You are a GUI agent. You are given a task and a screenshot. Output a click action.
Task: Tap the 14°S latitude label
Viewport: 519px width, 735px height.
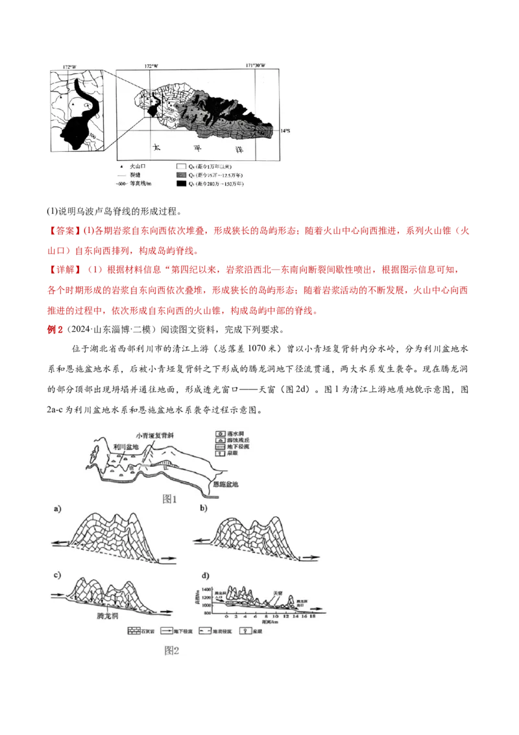pyautogui.click(x=285, y=131)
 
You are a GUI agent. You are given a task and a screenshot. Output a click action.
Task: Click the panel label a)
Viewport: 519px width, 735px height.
pyautogui.click(x=58, y=510)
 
